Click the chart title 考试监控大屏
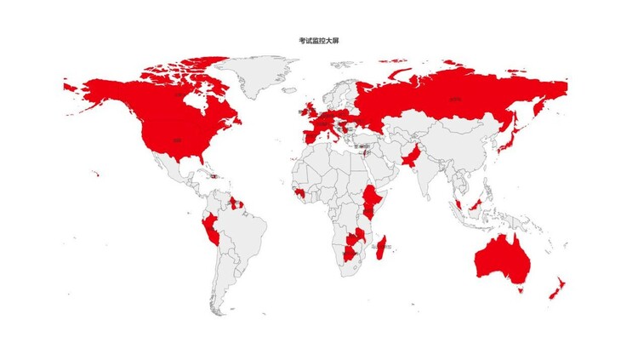[x=318, y=40]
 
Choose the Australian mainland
[x=502, y=255]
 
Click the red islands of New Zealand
[x=553, y=289]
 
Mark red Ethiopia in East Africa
[x=373, y=198]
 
